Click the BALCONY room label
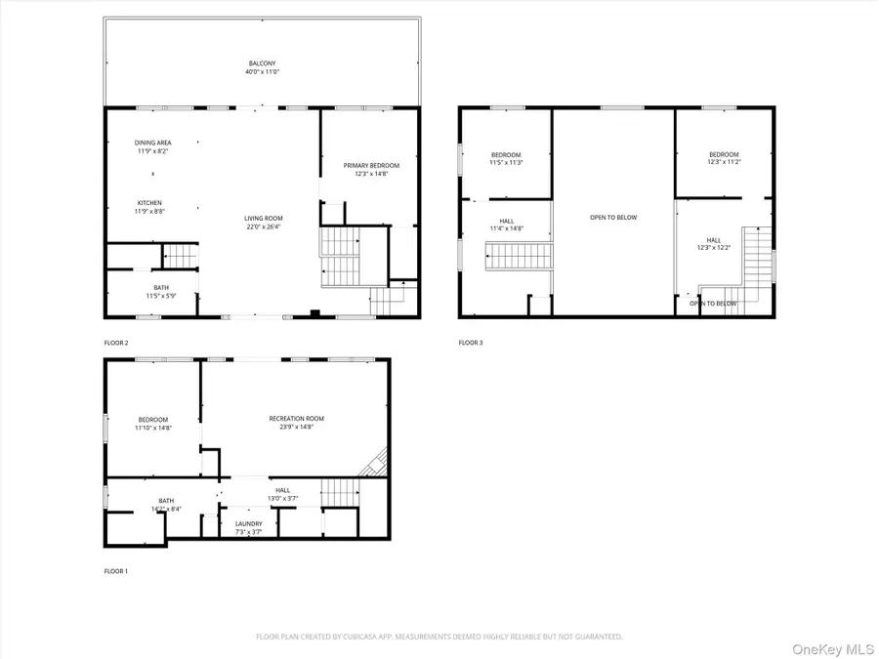point(261,67)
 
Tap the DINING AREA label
point(152,146)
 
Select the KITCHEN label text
point(149,206)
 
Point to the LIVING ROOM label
point(264,222)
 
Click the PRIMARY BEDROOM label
point(371,169)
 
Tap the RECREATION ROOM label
point(296,422)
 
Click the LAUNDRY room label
point(248,527)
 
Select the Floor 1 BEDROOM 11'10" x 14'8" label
point(153,423)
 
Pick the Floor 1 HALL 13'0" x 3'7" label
point(282,494)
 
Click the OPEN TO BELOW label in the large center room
point(613,217)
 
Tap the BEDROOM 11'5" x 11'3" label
point(506,158)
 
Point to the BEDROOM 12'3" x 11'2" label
point(724,158)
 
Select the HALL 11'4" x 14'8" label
point(507,224)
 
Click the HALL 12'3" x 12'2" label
point(714,243)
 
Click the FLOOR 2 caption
point(116,343)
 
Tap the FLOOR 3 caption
point(471,343)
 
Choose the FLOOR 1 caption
point(116,570)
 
